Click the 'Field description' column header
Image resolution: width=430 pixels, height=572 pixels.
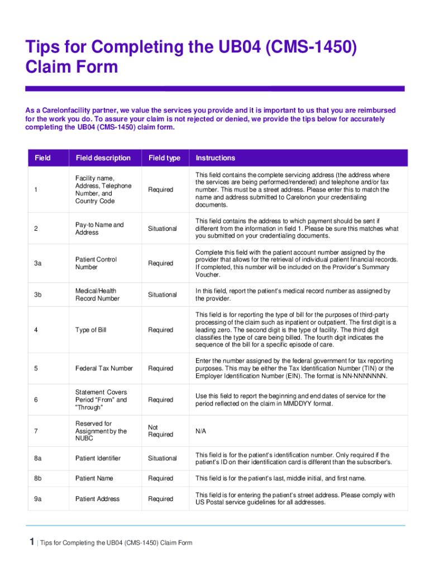pyautogui.click(x=103, y=158)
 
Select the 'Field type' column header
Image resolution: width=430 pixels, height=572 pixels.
pyautogui.click(x=164, y=158)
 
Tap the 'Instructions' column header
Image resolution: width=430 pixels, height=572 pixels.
pyautogui.click(x=215, y=158)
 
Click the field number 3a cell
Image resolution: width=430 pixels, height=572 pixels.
pyautogui.click(x=37, y=263)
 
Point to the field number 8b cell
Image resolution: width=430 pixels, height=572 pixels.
pyautogui.click(x=37, y=478)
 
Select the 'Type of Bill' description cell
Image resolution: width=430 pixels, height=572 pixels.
pyautogui.click(x=90, y=330)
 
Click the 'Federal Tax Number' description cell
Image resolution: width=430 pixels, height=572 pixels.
pyautogui.click(x=104, y=368)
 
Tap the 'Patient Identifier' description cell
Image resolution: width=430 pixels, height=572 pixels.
pyautogui.click(x=98, y=458)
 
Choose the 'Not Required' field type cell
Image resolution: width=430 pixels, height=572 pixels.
pyautogui.click(x=160, y=431)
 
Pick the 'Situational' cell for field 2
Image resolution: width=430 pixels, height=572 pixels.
pyautogui.click(x=162, y=228)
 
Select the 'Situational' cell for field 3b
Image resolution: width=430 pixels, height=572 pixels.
pyautogui.click(x=162, y=294)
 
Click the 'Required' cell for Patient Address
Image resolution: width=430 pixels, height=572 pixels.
pyautogui.click(x=160, y=499)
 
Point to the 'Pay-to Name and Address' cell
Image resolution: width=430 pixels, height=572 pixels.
pyautogui.click(x=99, y=228)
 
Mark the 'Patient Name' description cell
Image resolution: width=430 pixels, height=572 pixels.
pyautogui.click(x=94, y=478)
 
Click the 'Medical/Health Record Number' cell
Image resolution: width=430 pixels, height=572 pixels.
pyautogui.click(x=97, y=294)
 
